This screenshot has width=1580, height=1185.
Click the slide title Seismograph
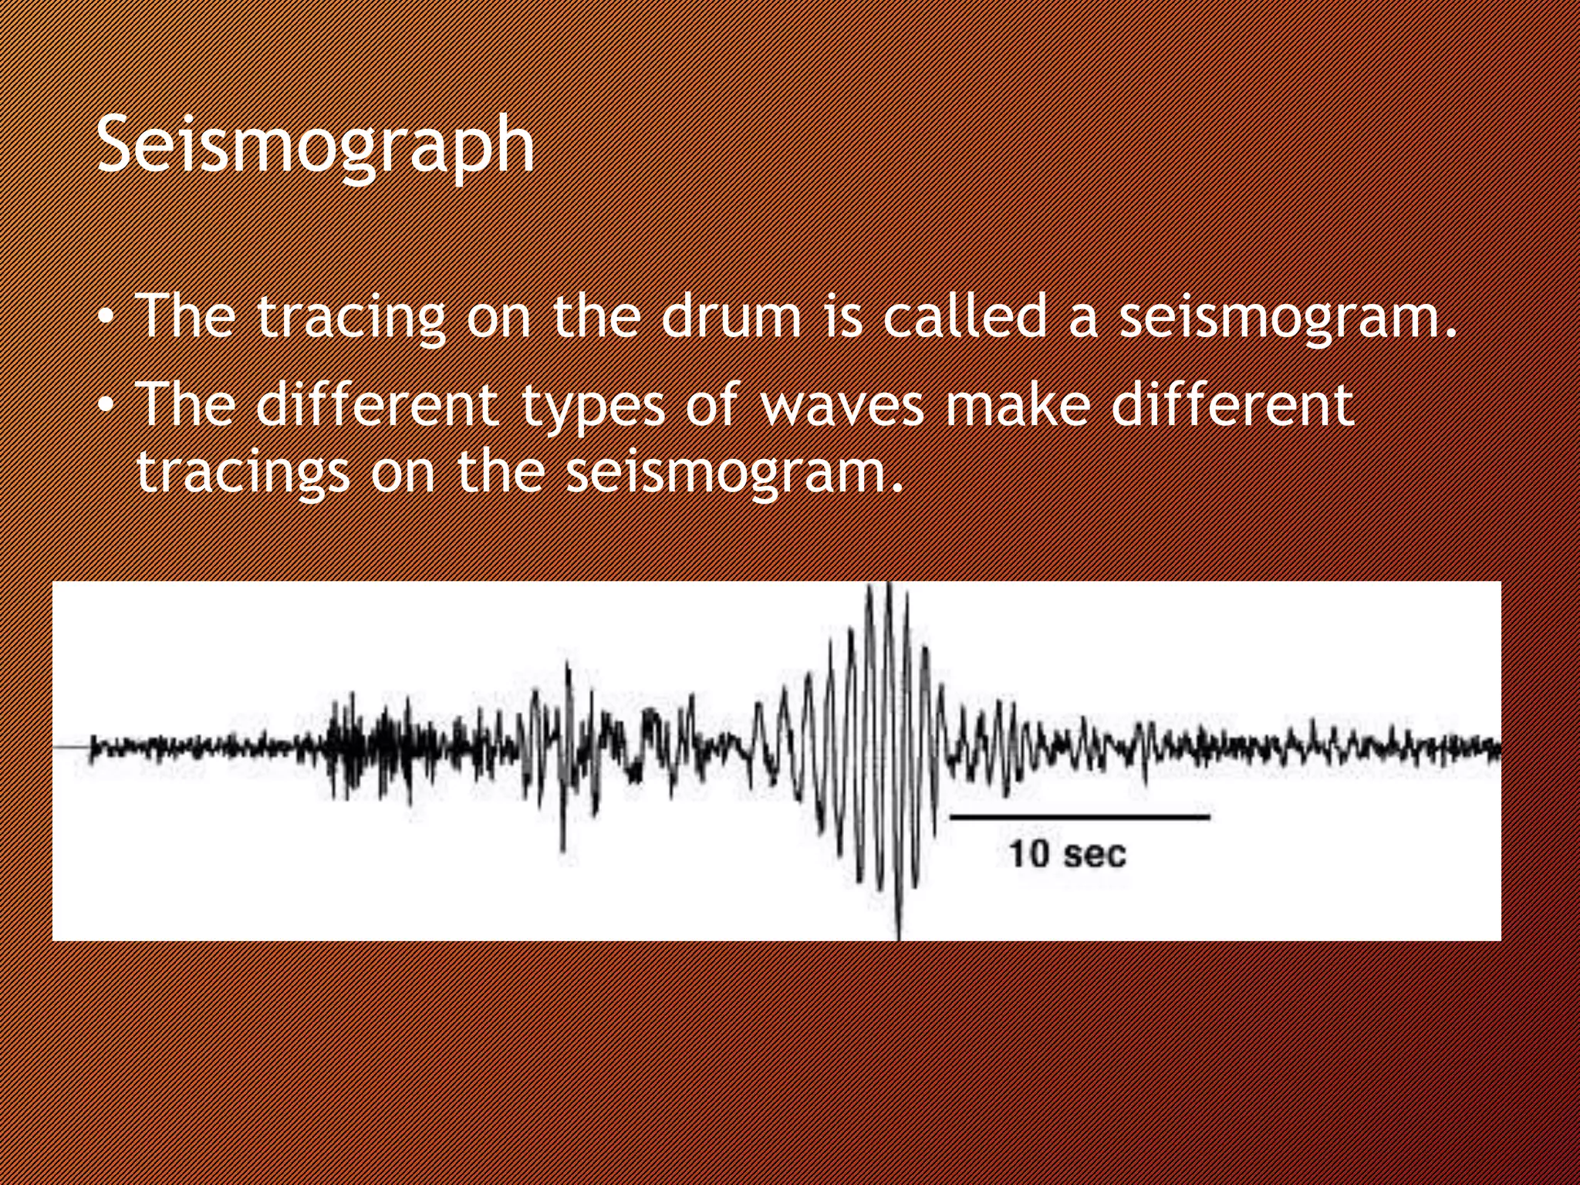coord(315,145)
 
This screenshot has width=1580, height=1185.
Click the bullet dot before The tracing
coord(108,317)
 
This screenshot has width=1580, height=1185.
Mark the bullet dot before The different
coord(108,405)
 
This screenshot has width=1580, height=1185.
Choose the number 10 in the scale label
coord(1029,854)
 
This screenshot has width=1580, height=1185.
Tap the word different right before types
coord(378,404)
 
